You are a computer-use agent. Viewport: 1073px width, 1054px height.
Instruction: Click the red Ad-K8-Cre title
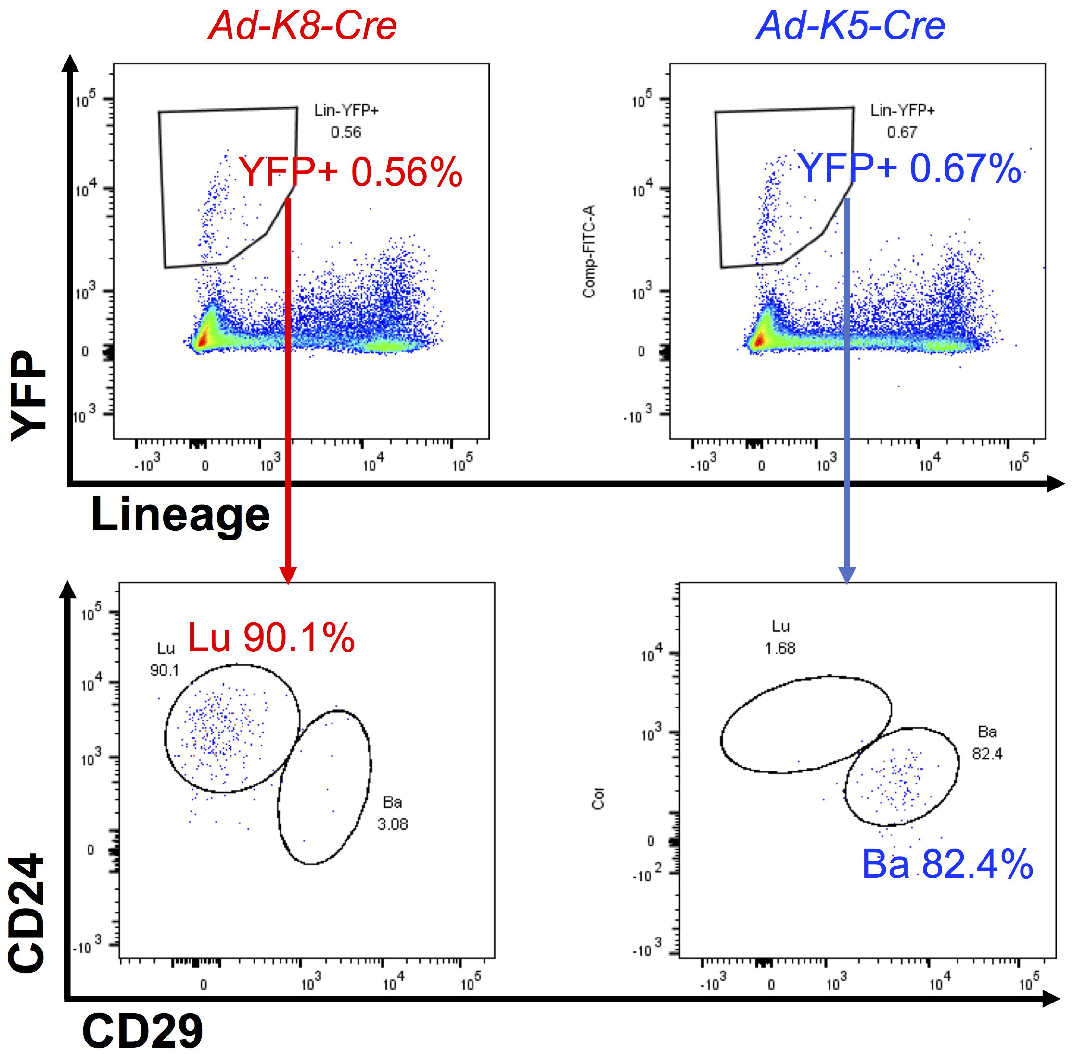coord(302,26)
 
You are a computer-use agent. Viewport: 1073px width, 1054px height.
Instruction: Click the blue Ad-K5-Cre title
coord(851,26)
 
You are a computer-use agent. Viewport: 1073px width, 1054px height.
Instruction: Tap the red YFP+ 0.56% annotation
coord(350,172)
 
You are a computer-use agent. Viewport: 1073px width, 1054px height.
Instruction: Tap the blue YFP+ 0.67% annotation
coord(909,168)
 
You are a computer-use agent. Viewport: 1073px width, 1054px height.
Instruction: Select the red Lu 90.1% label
coord(271,638)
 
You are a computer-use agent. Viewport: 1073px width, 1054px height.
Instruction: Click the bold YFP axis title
coord(29,395)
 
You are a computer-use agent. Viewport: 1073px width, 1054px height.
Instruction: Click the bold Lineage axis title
coord(180,515)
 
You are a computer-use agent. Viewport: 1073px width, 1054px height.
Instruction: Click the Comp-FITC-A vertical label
coord(589,251)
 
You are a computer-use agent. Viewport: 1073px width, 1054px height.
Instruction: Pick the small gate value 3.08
coord(392,824)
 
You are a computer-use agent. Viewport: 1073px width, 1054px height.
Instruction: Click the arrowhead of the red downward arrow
coord(288,575)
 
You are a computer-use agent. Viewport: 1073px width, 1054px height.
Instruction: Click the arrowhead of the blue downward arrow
coord(847,575)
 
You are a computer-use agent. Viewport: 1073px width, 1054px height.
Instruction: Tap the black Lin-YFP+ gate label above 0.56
coord(346,111)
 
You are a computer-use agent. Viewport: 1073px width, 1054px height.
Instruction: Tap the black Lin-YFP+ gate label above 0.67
coord(903,111)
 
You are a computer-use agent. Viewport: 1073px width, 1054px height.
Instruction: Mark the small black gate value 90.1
coord(165,670)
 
